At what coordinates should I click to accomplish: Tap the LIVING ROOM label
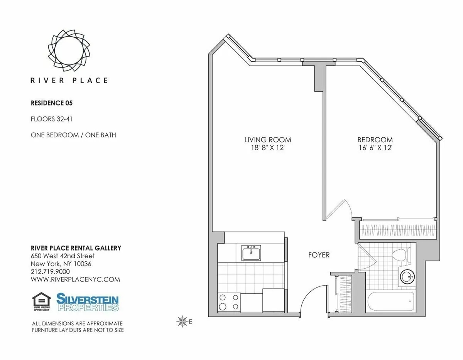click(267, 140)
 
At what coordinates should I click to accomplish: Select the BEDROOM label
click(375, 140)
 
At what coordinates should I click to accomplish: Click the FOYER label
click(319, 255)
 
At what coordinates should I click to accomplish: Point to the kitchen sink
click(251, 253)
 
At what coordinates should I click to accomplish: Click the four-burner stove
click(229, 302)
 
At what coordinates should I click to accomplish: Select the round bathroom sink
click(407, 277)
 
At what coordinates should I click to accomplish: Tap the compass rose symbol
click(181, 321)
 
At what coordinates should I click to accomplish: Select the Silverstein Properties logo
click(88, 302)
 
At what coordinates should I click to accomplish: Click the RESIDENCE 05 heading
click(52, 103)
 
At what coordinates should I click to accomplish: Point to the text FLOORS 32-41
click(51, 119)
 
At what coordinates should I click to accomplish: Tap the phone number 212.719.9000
click(50, 272)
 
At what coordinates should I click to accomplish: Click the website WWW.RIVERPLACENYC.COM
click(75, 279)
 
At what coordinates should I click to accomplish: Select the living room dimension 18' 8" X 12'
click(267, 147)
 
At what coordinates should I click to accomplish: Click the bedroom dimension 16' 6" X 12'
click(375, 147)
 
